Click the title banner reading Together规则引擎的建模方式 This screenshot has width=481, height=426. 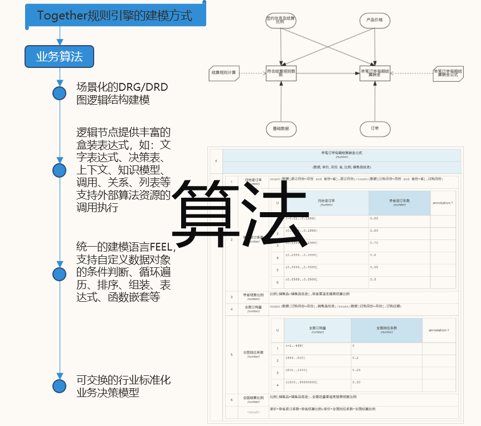(x=115, y=15)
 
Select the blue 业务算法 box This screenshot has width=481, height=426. (x=59, y=56)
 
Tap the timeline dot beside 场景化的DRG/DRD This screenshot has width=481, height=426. (x=60, y=94)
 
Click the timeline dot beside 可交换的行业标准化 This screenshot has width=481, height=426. (x=60, y=386)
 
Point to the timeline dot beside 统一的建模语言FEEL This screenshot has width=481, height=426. (x=60, y=274)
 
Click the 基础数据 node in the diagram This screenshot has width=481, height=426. (x=281, y=129)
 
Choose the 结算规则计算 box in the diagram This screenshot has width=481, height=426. (x=225, y=72)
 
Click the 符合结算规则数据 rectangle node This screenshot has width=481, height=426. (x=281, y=72)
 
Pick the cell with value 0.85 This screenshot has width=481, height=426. (x=399, y=218)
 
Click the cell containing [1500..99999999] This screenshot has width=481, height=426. (x=317, y=383)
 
